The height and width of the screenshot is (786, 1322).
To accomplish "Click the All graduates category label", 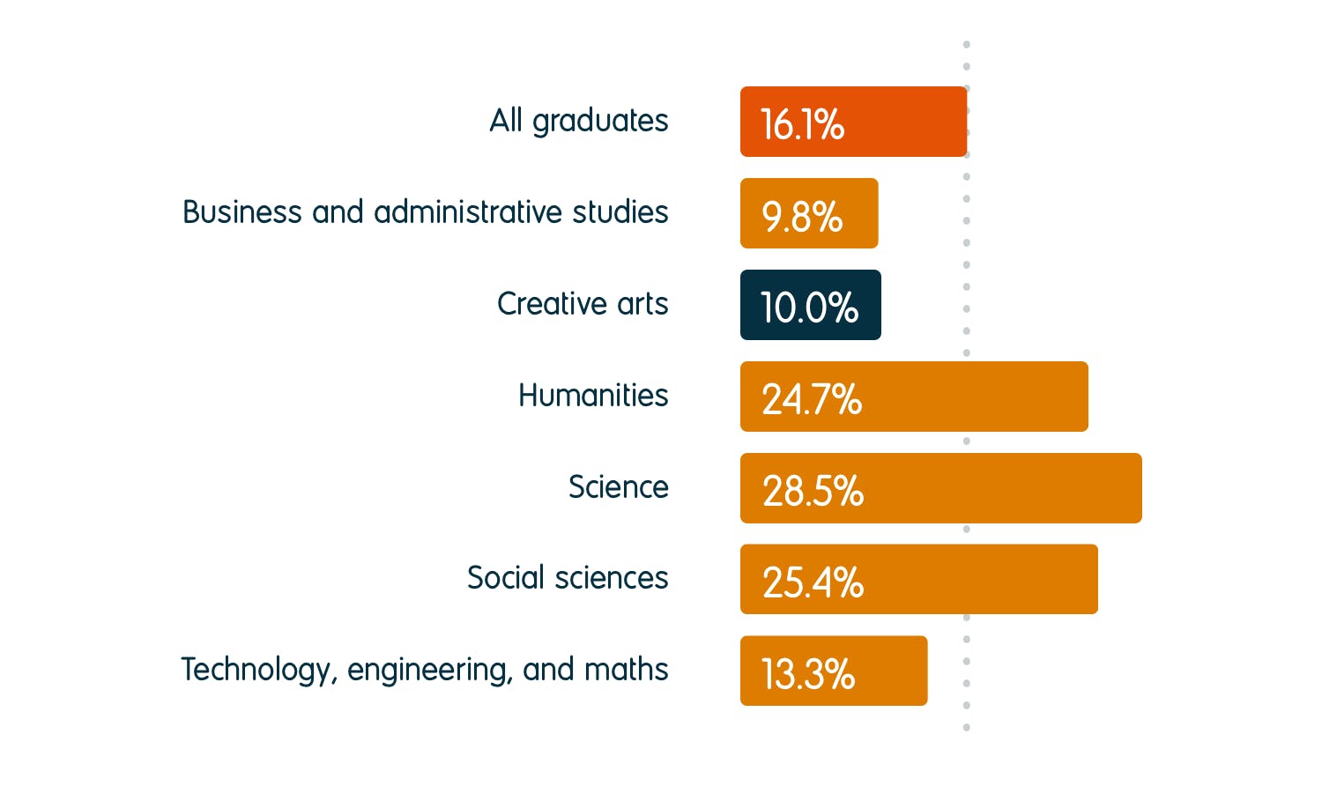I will coord(579,121).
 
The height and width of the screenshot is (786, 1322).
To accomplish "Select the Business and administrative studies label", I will coord(425,212).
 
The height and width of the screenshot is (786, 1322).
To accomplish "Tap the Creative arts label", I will coord(583,304).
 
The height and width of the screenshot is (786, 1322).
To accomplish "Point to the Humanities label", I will coord(593,396).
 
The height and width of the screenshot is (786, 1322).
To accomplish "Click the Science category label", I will coord(618,487).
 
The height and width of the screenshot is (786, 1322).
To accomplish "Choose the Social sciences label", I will coord(568,578).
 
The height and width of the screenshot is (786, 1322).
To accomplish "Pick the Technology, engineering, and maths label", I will coord(424,670).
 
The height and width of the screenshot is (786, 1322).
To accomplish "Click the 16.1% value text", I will coord(802,124).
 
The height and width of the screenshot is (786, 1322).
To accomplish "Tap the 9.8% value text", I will coord(802,216).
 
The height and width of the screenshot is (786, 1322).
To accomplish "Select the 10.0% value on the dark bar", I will coord(809,308).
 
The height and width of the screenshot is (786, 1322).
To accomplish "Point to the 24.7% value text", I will coord(812,399).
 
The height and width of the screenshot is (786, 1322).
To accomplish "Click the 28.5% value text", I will coord(813,491).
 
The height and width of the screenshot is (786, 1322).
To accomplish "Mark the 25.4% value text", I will coord(813,582).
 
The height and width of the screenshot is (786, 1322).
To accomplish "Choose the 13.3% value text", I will coord(808,674).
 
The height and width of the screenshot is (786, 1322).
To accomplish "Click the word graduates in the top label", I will coord(600,121).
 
